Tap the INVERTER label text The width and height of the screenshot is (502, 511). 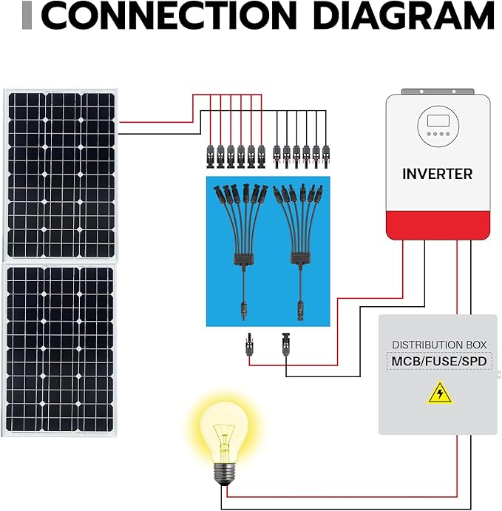coord(437,175)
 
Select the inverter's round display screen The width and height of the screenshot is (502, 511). coord(436,125)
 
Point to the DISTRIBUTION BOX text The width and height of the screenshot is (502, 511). coord(436,345)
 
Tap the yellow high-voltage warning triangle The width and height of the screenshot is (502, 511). coord(440,393)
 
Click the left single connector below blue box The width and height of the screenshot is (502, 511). coord(246,345)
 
